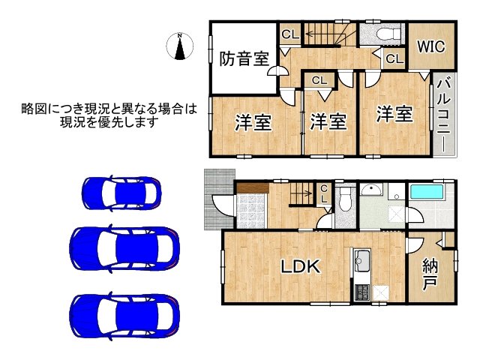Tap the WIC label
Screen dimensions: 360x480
coord(431,46)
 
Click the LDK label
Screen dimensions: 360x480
coord(301,266)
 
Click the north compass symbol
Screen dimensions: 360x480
coord(180,46)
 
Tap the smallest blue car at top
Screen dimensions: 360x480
coord(120,193)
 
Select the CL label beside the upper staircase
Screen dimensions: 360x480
coord(289,34)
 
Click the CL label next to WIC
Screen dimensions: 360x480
coord(394,58)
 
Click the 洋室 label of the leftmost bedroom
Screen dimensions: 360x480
coord(253,122)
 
